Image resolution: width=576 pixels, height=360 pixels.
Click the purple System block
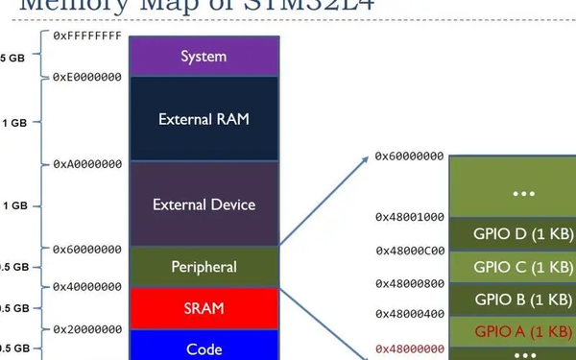pos(204,57)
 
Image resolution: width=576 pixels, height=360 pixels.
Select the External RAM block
pos(204,120)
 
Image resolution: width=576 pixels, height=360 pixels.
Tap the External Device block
pos(204,204)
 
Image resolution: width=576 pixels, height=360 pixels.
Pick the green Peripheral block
pos(204,266)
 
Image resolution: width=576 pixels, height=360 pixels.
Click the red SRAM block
pos(204,308)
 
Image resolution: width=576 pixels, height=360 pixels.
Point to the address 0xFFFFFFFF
pos(87,36)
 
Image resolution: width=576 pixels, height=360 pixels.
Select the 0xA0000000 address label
pos(87,164)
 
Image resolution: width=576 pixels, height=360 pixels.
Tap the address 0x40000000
pos(87,286)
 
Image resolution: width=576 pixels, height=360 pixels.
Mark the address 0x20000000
pos(87,327)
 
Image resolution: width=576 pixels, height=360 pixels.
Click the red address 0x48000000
pos(409,348)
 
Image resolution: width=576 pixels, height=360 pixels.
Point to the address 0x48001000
pos(409,217)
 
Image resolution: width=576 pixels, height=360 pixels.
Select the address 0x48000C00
pos(409,251)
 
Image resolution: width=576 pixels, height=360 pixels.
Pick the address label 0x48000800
pos(409,283)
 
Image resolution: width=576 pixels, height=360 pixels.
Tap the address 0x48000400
pos(409,314)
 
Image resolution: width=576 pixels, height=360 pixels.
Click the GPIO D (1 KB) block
pos(522,233)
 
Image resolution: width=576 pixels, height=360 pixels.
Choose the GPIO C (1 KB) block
pos(522,266)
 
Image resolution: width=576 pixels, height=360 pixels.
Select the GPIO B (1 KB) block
pos(522,299)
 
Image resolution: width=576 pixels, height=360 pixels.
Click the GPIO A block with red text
pos(522,331)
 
